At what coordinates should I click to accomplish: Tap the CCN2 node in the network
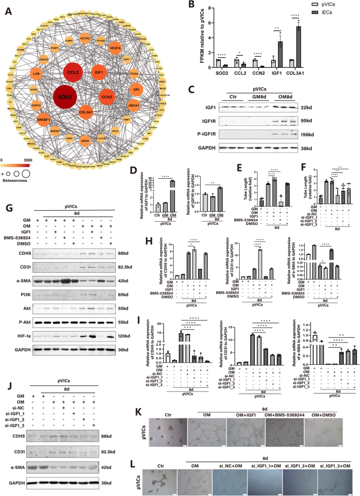[x=108, y=97]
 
